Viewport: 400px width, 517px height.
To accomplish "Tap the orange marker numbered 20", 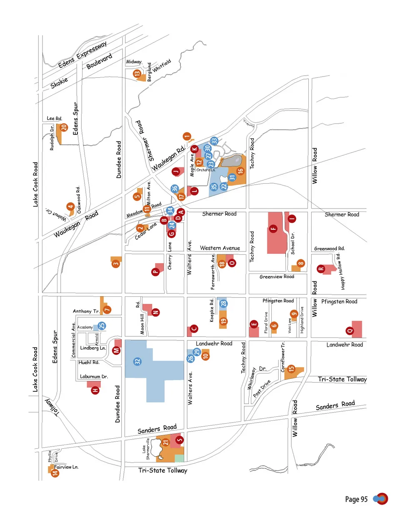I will point(64,127).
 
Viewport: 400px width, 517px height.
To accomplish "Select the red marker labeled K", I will point(194,149).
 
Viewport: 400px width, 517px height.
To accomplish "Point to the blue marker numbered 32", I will point(137,361).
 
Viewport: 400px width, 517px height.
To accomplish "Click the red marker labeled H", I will point(95,390).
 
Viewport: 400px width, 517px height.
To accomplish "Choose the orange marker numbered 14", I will point(55,472).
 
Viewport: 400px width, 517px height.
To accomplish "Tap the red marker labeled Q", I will point(350,331).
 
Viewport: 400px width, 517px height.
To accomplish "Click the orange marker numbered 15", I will point(291,368).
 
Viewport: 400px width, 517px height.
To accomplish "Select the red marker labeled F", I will point(273,228).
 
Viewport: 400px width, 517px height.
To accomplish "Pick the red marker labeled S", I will point(180,440).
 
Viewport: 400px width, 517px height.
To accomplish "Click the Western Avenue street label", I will point(220,248).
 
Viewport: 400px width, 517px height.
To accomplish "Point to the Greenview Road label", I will point(277,277).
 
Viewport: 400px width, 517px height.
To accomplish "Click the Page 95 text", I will point(356,499).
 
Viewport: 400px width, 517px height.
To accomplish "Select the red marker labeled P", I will point(155,272).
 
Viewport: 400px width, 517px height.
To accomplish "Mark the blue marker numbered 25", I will point(102,326).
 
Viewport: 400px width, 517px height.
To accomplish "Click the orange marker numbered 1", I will point(187,136).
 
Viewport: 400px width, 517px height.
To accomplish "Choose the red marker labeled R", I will point(321,268).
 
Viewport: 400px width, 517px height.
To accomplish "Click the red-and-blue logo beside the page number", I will point(381,499).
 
